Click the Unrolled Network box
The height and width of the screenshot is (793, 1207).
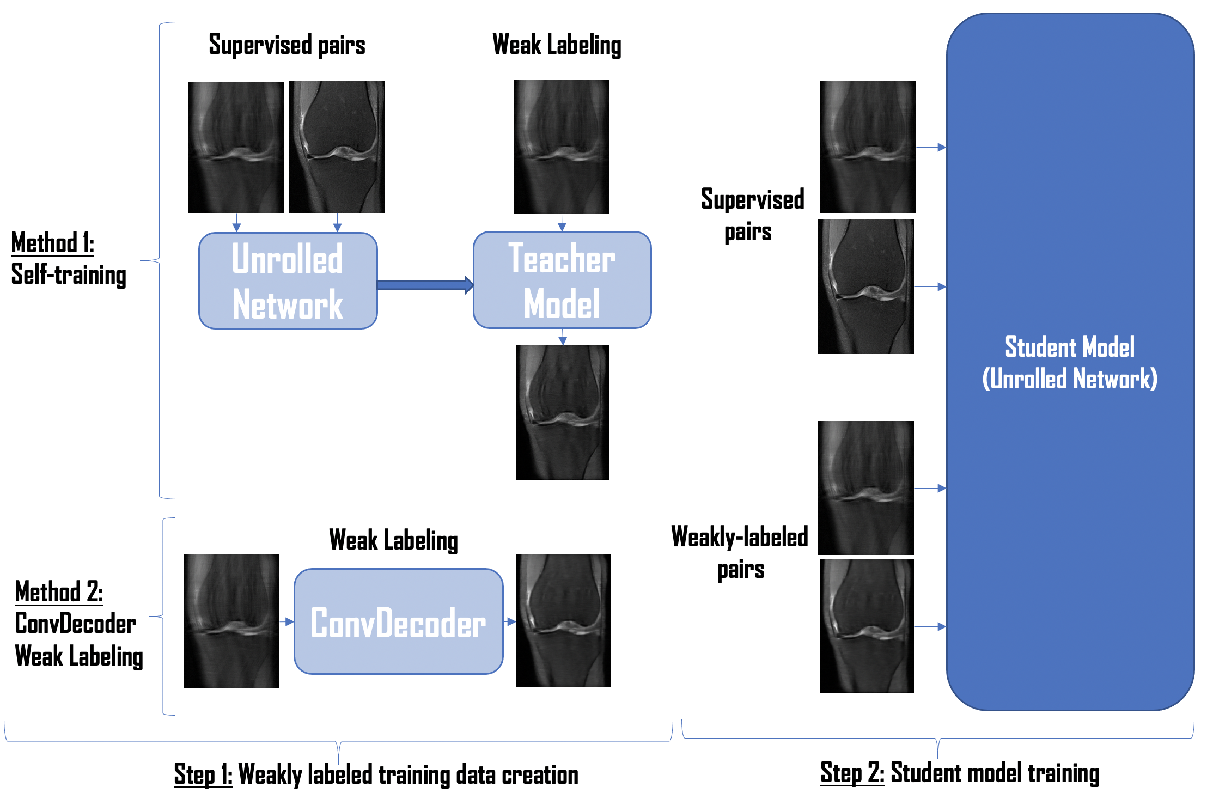[x=288, y=281]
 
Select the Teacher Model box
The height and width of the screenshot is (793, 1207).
[x=562, y=280]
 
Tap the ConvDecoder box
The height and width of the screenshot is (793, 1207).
[x=398, y=621]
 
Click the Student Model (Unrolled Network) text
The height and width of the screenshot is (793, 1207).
[x=1070, y=363]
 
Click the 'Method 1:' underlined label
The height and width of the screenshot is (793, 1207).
[x=52, y=243]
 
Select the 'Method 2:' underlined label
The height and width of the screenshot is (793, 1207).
[x=59, y=591]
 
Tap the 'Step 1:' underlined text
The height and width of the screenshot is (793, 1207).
[x=203, y=774]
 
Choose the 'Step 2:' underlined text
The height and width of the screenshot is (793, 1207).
[x=852, y=772]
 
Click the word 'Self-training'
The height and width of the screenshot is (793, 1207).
[x=69, y=274]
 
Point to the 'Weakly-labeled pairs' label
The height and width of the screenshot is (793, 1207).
[x=740, y=552]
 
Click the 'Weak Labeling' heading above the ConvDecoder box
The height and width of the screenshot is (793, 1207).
[x=393, y=540]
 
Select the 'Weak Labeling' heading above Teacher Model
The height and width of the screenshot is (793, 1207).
[x=557, y=45]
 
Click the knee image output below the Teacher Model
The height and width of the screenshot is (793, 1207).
[x=563, y=412]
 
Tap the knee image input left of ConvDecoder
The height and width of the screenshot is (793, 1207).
[x=231, y=621]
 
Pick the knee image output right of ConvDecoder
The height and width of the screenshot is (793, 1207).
[x=563, y=621]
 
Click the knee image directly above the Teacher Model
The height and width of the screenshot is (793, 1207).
[x=562, y=147]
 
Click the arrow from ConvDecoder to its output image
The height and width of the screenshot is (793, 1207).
[x=510, y=621]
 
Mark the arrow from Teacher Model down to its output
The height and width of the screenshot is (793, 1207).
[x=563, y=337]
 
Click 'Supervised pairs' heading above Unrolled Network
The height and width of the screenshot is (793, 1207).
[x=287, y=45]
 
